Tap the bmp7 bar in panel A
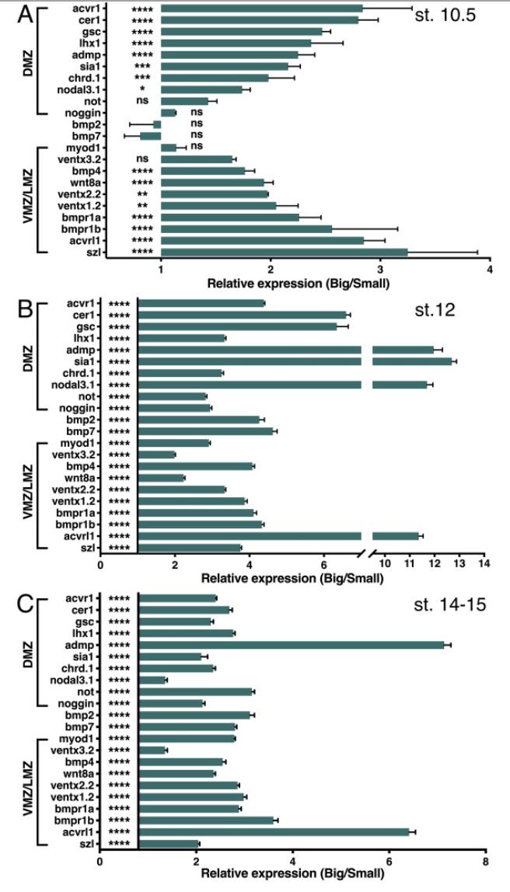[x=150, y=135]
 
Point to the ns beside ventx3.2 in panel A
[x=142, y=159]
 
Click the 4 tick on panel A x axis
[x=490, y=269]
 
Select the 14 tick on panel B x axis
[x=484, y=563]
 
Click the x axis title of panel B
[x=292, y=578]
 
